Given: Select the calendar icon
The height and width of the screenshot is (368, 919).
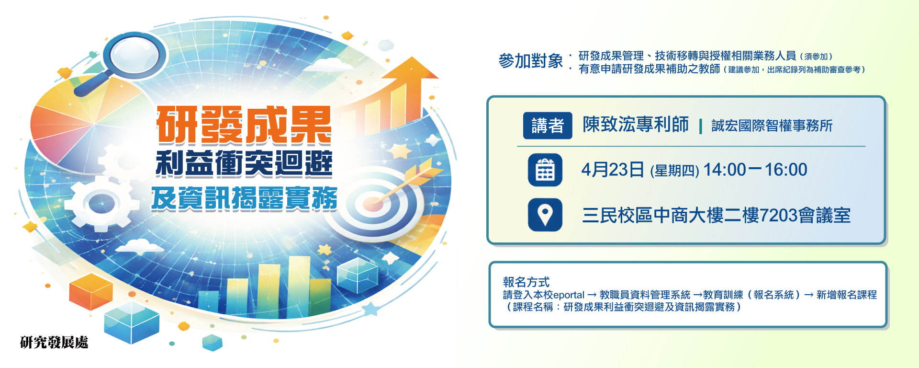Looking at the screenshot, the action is tap(545, 170).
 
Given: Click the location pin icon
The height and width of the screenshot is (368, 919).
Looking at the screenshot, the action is tap(545, 215).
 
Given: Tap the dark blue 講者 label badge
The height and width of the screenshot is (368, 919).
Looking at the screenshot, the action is tap(548, 126).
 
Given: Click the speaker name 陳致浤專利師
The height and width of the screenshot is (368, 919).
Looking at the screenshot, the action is tap(636, 125).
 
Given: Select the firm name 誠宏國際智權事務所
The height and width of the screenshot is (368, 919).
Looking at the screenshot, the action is tap(772, 126).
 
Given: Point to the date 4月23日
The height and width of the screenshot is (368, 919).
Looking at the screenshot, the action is tap(613, 170).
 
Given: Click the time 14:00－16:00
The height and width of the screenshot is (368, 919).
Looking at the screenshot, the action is tap(755, 170).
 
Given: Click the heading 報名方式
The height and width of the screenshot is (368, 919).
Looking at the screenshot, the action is tap(526, 282).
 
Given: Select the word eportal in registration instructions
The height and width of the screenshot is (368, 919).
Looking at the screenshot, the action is tap(569, 295).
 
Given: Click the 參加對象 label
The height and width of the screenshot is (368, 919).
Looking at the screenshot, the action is tap(531, 61).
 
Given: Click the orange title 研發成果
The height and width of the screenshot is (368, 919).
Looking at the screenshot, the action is tap(244, 126).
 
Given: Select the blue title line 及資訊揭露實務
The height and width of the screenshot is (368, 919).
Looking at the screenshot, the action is tap(245, 198).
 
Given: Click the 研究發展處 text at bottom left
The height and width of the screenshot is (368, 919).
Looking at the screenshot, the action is tap(54, 342).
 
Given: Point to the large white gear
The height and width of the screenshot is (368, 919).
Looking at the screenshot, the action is tap(101, 203).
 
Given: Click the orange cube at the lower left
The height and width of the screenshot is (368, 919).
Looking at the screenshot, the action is tap(91, 292).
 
